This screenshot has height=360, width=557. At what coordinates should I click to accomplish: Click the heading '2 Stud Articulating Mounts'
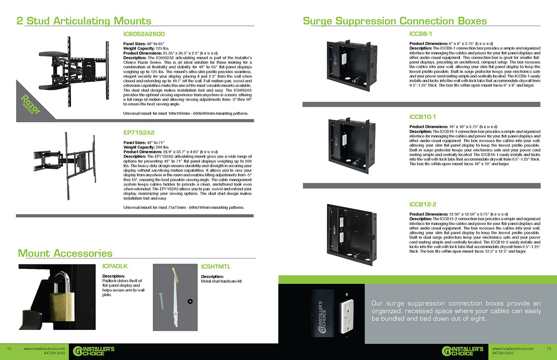(x=84, y=21)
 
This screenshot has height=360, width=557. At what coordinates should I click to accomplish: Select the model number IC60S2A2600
(x=144, y=34)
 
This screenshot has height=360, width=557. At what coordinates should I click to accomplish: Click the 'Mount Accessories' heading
(x=65, y=253)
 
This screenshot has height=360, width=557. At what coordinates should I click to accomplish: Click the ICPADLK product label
(x=115, y=266)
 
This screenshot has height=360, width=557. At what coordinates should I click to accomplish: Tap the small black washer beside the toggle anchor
(x=189, y=302)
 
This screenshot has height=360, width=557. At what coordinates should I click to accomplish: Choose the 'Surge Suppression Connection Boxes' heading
(x=395, y=21)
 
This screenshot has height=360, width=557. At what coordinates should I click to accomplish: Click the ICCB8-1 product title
(x=421, y=34)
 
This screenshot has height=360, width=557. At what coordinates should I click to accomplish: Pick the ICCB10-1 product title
(x=422, y=117)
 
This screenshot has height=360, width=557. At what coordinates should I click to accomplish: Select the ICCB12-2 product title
(x=422, y=204)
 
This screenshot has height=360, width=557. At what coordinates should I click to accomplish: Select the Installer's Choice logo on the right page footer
(x=462, y=350)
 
